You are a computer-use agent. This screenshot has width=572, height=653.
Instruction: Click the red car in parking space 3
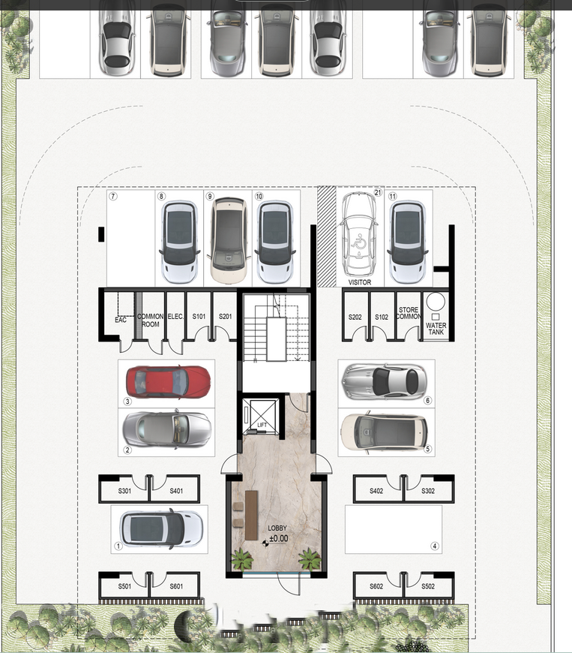tap(167, 381)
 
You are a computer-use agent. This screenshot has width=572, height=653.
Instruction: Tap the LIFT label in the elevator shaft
tap(262, 426)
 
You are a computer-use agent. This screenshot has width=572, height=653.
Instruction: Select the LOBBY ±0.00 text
tap(277, 533)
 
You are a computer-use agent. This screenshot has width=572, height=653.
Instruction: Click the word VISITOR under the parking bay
tap(360, 283)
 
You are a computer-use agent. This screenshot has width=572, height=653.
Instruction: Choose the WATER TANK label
tap(436, 330)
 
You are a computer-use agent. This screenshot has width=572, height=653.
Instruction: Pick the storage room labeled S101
tap(199, 317)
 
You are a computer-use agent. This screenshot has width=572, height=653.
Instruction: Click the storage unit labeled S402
tap(377, 491)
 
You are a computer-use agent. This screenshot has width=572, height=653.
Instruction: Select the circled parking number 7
tap(112, 197)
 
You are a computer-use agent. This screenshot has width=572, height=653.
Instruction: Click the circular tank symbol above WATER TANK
tap(436, 302)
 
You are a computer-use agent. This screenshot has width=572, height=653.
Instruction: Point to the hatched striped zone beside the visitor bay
tap(326, 236)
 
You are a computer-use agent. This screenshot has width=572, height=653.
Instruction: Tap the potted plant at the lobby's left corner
tap(241, 560)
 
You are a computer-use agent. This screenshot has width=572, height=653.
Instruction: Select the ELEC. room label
tap(175, 317)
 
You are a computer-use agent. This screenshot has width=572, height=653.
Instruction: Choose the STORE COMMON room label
tap(408, 314)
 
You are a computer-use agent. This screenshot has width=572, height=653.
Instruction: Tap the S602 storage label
tap(377, 586)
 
